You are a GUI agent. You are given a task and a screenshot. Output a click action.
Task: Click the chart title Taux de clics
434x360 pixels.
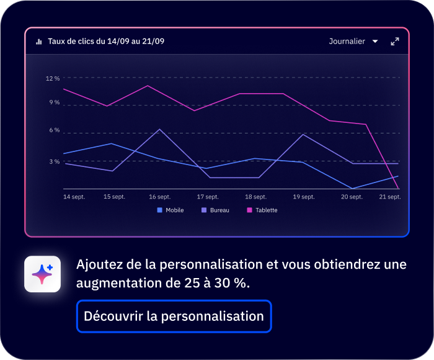click(x=105, y=42)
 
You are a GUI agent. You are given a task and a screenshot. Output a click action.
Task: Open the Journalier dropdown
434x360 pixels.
click(x=353, y=42)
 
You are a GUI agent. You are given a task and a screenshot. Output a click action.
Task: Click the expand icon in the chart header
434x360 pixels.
click(x=395, y=42)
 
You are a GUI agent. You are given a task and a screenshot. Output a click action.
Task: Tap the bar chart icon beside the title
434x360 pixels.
click(x=39, y=42)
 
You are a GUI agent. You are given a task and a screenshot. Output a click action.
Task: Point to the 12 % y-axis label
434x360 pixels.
click(x=53, y=79)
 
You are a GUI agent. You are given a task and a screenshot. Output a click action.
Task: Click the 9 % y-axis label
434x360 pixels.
click(x=55, y=102)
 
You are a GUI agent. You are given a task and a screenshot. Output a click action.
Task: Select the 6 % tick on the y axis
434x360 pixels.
click(x=55, y=130)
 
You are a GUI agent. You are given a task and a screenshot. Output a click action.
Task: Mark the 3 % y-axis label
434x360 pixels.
click(x=55, y=161)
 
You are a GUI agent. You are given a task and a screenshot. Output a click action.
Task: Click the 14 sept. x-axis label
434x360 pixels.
click(x=74, y=197)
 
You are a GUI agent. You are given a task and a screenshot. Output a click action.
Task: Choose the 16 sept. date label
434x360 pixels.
click(x=160, y=197)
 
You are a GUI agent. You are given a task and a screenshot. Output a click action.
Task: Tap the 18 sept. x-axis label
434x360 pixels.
click(x=256, y=197)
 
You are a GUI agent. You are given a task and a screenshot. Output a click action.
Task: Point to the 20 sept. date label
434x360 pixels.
click(x=352, y=197)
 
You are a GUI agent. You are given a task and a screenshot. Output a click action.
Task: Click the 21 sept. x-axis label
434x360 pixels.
click(x=390, y=197)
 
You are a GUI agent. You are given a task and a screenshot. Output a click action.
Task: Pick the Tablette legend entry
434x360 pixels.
click(x=262, y=210)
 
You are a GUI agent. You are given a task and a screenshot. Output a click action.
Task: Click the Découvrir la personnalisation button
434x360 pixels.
click(x=174, y=317)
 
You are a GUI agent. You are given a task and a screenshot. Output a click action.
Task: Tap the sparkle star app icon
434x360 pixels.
click(x=42, y=274)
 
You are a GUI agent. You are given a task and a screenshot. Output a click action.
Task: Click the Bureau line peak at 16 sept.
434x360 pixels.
click(x=160, y=129)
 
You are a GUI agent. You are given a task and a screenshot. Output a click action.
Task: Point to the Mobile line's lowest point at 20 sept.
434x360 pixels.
click(x=352, y=188)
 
